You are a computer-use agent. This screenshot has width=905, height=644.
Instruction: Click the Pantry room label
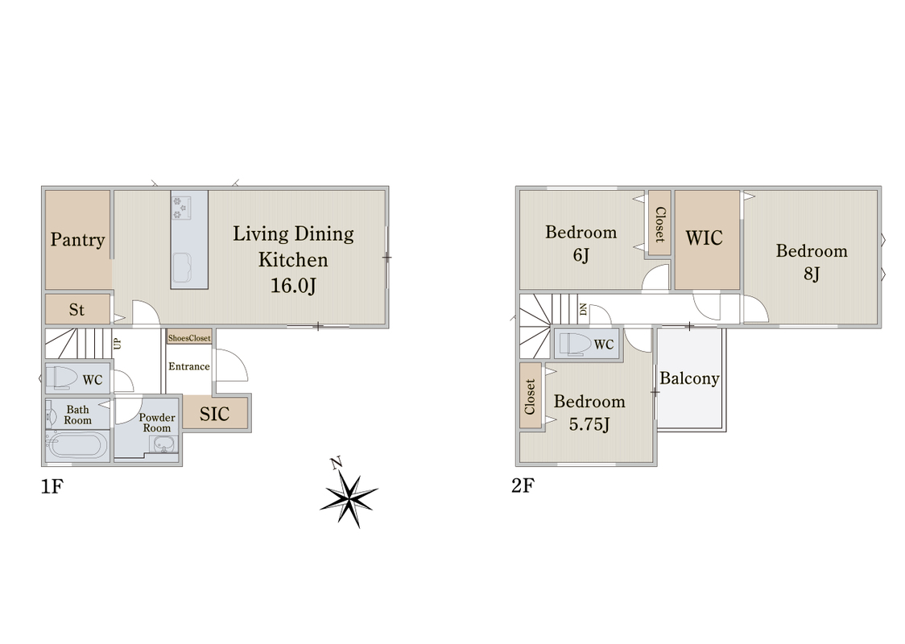pyautogui.click(x=77, y=239)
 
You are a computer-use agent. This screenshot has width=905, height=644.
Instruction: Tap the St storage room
pyautogui.click(x=77, y=309)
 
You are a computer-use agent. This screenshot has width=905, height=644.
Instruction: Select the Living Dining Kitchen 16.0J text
pyautogui.click(x=293, y=260)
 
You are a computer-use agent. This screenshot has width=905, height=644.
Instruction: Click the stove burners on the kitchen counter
pyautogui.click(x=181, y=208)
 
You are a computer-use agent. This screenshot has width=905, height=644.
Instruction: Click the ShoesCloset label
pyautogui.click(x=189, y=338)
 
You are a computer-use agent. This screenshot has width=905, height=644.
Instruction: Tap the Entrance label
pyautogui.click(x=188, y=366)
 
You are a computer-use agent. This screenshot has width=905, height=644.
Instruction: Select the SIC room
pyautogui.click(x=215, y=413)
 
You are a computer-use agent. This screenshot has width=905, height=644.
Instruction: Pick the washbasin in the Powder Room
pyautogui.click(x=164, y=444)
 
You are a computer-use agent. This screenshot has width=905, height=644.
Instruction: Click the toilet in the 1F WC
pyautogui.click(x=64, y=378)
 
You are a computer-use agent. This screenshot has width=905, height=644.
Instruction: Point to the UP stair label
pyautogui.click(x=118, y=344)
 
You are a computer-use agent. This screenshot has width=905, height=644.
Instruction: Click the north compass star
pyautogui.click(x=349, y=497)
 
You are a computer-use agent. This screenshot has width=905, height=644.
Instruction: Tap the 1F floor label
pyautogui.click(x=52, y=487)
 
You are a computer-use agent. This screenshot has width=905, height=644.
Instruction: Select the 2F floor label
pyautogui.click(x=523, y=485)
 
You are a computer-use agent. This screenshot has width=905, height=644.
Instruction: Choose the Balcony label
pyautogui.click(x=690, y=378)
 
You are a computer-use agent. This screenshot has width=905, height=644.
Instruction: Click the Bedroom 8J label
pyautogui.click(x=812, y=262)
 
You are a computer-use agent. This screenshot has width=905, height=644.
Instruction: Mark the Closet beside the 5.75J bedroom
pyautogui.click(x=530, y=396)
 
